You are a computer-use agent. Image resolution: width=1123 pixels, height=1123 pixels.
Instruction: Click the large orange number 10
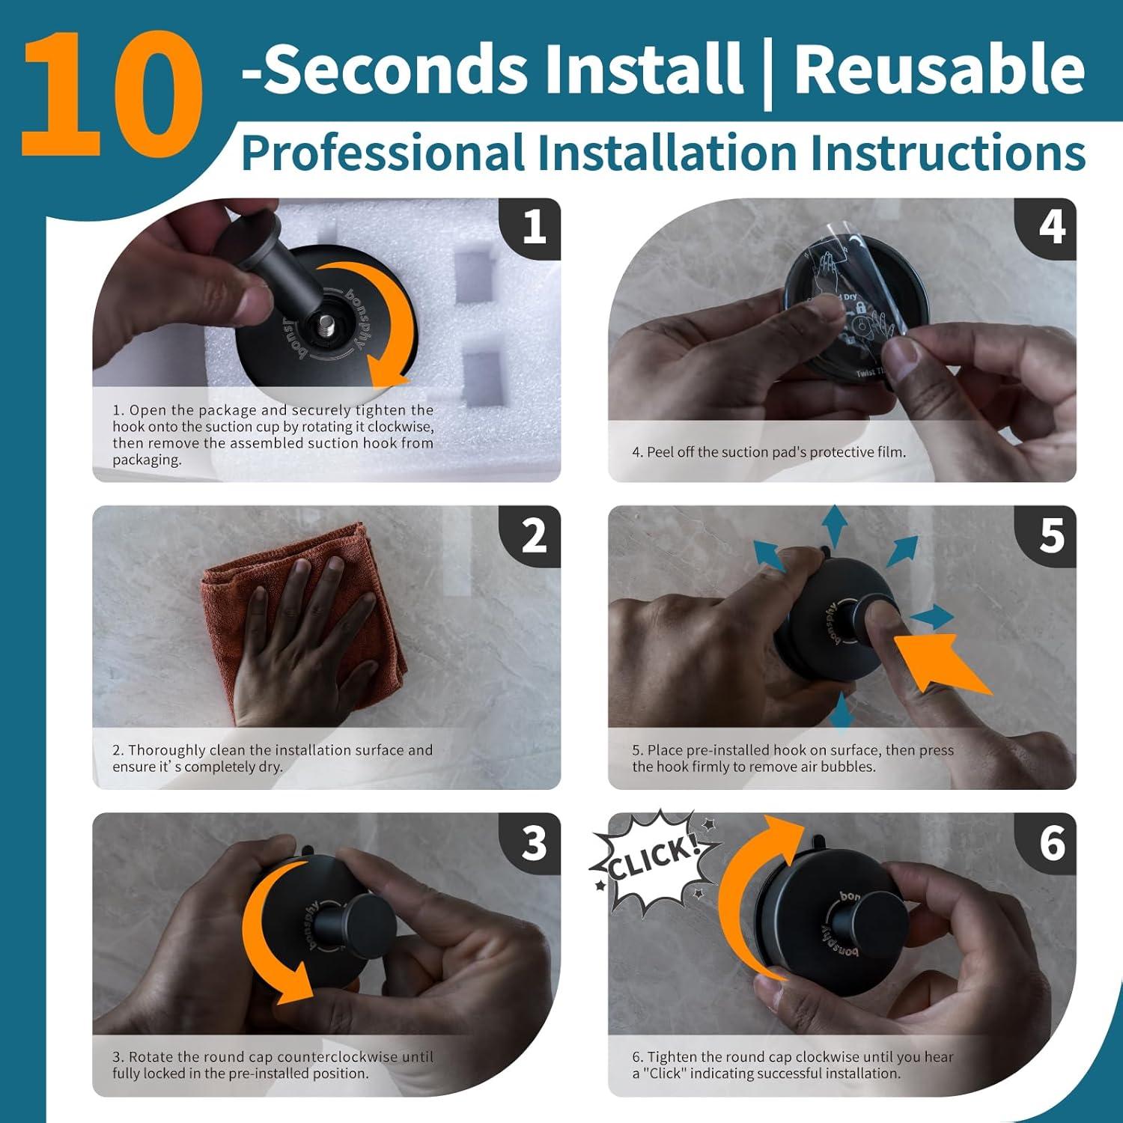(112, 94)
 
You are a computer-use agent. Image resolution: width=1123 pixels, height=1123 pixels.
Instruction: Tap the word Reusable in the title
(939, 69)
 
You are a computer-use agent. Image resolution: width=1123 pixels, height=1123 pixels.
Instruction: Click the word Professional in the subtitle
(382, 153)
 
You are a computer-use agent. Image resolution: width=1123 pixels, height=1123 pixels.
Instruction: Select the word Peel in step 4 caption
(660, 452)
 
